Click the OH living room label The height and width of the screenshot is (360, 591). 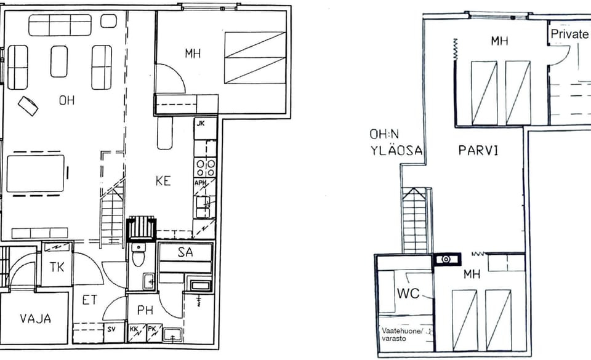point(66,100)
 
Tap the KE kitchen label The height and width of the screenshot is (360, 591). point(163,181)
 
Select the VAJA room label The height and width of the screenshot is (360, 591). point(36,319)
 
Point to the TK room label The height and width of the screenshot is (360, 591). point(57,267)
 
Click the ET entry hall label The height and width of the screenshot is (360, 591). point(90,300)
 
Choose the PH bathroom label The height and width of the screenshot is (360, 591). point(145,310)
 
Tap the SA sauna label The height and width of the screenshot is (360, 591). point(185,252)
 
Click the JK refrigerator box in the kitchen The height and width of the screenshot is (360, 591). point(206,128)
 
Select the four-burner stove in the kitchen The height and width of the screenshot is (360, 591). point(206,167)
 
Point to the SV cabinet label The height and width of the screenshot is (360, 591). point(111,329)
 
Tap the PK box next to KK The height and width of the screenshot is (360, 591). point(154,333)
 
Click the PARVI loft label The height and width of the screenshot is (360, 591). point(478,151)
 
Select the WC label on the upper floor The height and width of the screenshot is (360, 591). point(409,293)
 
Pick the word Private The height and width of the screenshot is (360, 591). point(569,34)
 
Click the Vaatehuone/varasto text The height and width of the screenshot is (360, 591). point(402,335)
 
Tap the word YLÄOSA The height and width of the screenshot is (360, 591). point(396,151)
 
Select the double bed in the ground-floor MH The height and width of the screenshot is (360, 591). point(255,58)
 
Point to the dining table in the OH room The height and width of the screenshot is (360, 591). point(36,174)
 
